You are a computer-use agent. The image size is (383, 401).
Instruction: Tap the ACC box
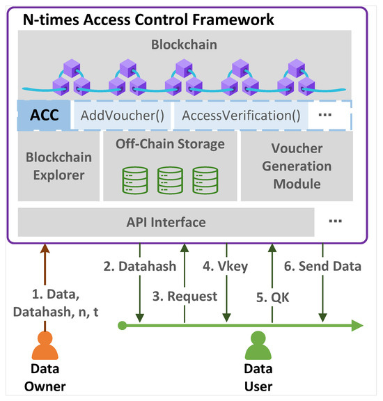pos(40,115)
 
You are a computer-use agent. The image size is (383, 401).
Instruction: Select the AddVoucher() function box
pos(123,115)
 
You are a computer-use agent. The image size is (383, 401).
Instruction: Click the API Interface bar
pos(166,222)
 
